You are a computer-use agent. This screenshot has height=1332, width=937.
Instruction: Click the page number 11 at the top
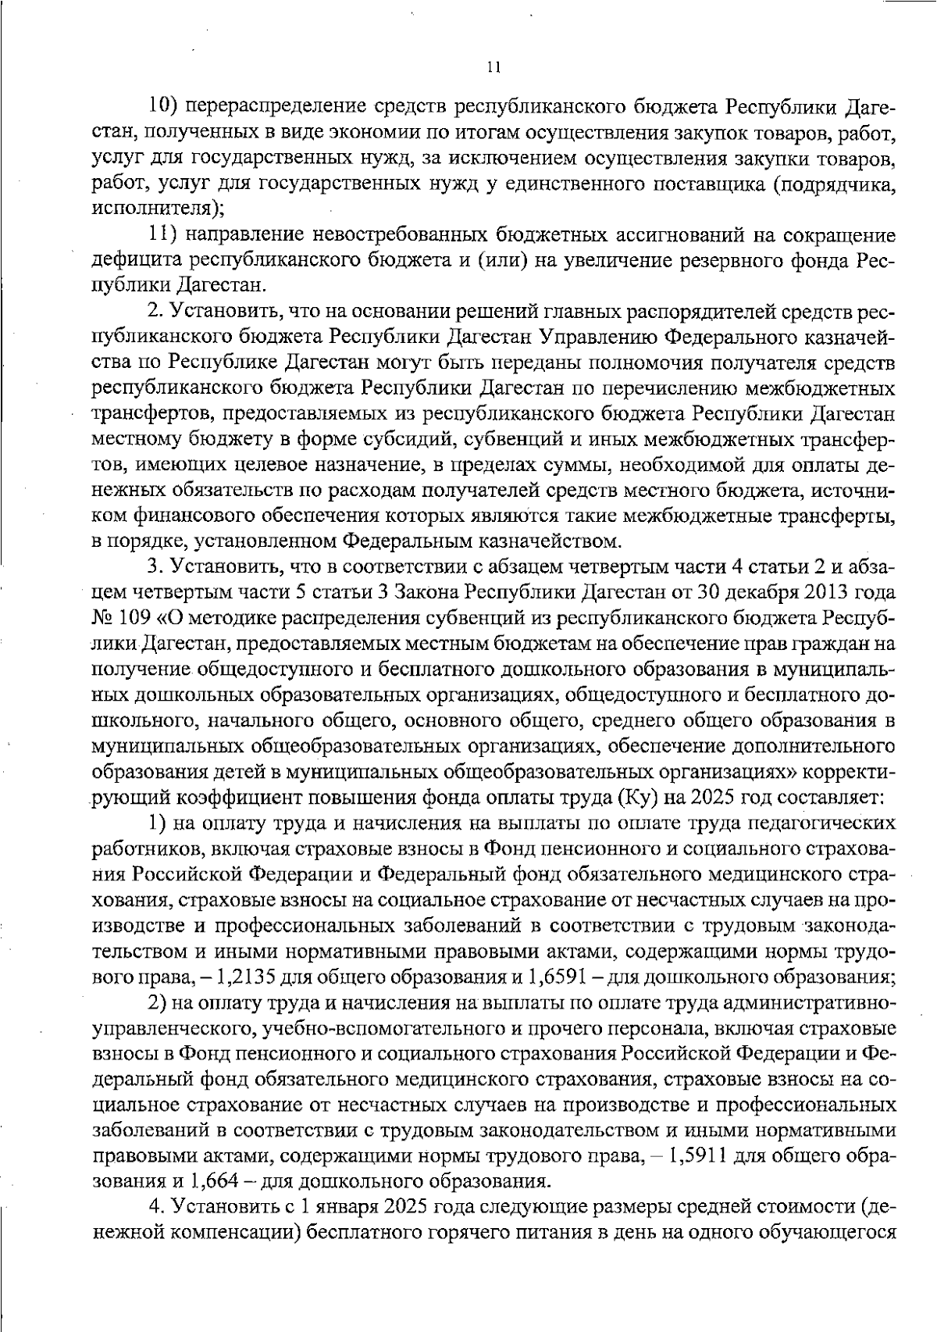493,68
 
